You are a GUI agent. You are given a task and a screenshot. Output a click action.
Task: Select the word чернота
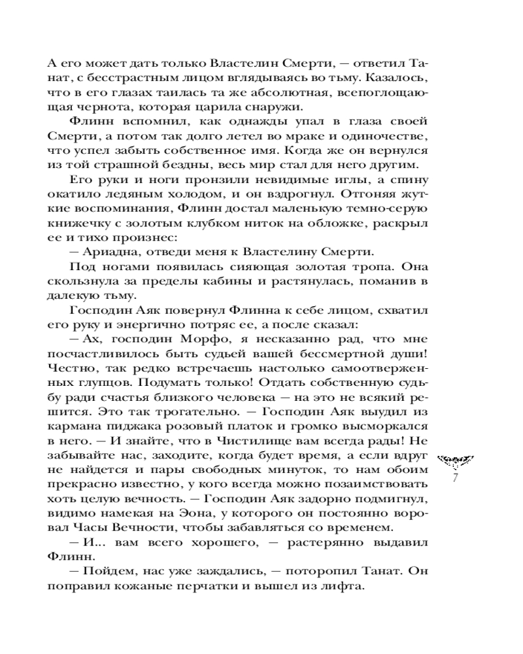(91, 107)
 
